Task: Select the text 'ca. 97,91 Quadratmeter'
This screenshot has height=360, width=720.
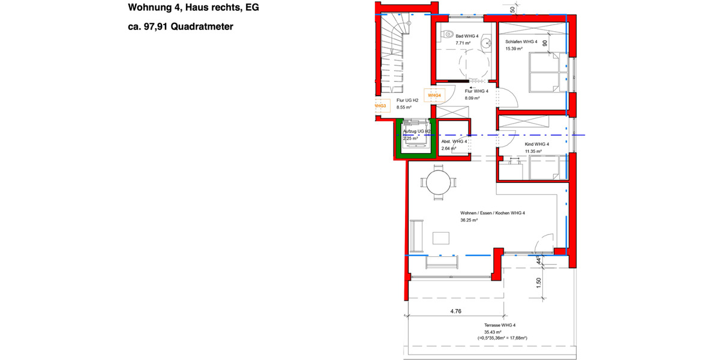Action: coord(180,26)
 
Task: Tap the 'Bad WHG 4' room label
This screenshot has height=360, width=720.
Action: coord(467,36)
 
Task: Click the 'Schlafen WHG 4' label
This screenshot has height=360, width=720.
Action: coord(521,41)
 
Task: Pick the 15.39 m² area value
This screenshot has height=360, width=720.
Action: coord(514,49)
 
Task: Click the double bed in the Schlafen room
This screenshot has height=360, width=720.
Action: coord(545,71)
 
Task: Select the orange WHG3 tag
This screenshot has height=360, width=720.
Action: coord(380,106)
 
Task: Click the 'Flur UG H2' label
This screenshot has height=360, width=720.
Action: coord(408,100)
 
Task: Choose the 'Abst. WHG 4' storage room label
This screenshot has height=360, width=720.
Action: coord(454,142)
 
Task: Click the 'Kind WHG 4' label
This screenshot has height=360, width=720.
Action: coord(537,145)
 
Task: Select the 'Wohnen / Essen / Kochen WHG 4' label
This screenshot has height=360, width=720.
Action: coord(493,213)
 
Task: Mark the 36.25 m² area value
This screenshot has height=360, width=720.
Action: coord(469,220)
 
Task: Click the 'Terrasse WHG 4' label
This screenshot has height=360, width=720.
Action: coord(497,325)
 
